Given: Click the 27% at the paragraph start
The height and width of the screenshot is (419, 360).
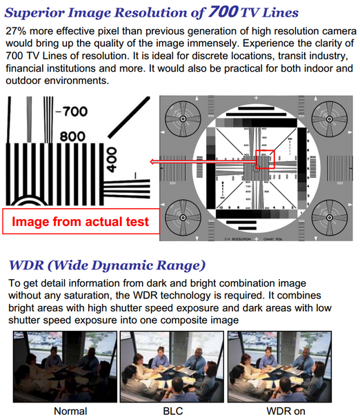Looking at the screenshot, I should [x=18, y=31].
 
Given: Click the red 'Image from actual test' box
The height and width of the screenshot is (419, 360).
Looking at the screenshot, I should [x=81, y=222].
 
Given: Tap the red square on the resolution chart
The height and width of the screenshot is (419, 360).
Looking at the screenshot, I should [x=265, y=161].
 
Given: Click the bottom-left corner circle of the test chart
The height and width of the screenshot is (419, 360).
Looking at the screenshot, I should [x=183, y=215].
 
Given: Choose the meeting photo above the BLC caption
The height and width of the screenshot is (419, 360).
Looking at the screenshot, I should [x=168, y=367].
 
